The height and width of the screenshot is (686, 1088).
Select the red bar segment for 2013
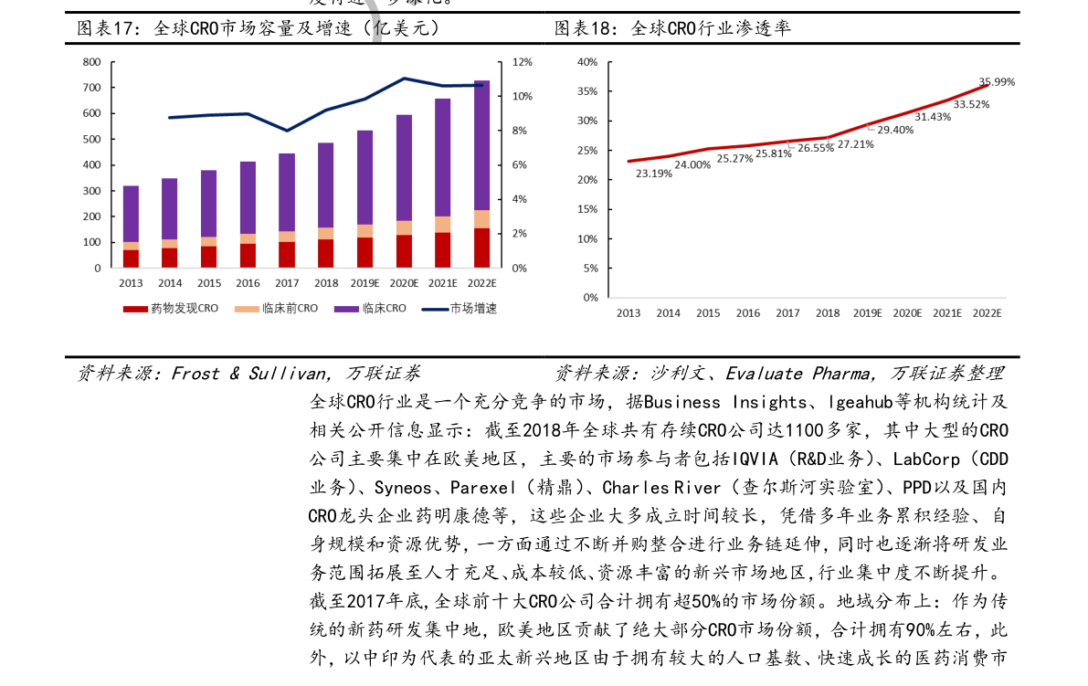tap(131, 259)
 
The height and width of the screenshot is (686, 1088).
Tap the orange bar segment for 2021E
tap(442, 224)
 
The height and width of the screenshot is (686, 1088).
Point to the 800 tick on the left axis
tap(91, 62)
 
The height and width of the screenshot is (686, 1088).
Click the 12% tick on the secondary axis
tap(522, 62)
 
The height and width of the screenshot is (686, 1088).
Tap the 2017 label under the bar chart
tap(287, 283)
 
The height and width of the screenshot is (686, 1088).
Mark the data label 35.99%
tap(997, 82)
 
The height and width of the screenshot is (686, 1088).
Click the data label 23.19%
tap(654, 174)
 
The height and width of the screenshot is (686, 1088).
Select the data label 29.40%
tap(895, 131)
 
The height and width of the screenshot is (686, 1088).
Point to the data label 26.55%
tap(816, 148)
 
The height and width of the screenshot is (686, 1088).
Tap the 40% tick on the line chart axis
tap(587, 62)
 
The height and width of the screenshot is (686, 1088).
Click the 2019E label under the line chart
tap(867, 313)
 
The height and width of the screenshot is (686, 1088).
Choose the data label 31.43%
tap(933, 117)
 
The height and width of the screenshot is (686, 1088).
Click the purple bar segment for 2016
tap(248, 196)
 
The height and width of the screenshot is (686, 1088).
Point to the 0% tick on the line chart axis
tap(590, 298)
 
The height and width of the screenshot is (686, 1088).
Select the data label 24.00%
tap(692, 165)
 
